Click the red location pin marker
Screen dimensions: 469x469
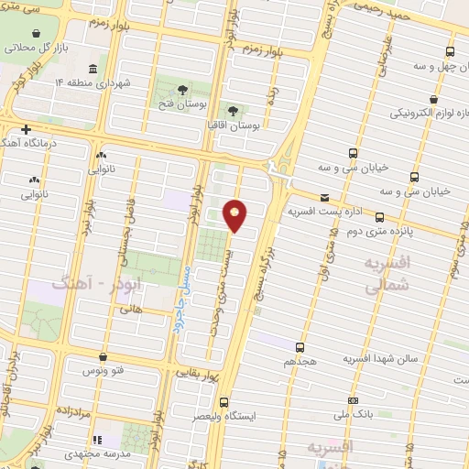point(235,214)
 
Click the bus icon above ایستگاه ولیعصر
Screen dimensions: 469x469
point(224,402)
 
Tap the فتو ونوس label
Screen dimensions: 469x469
point(104,370)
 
